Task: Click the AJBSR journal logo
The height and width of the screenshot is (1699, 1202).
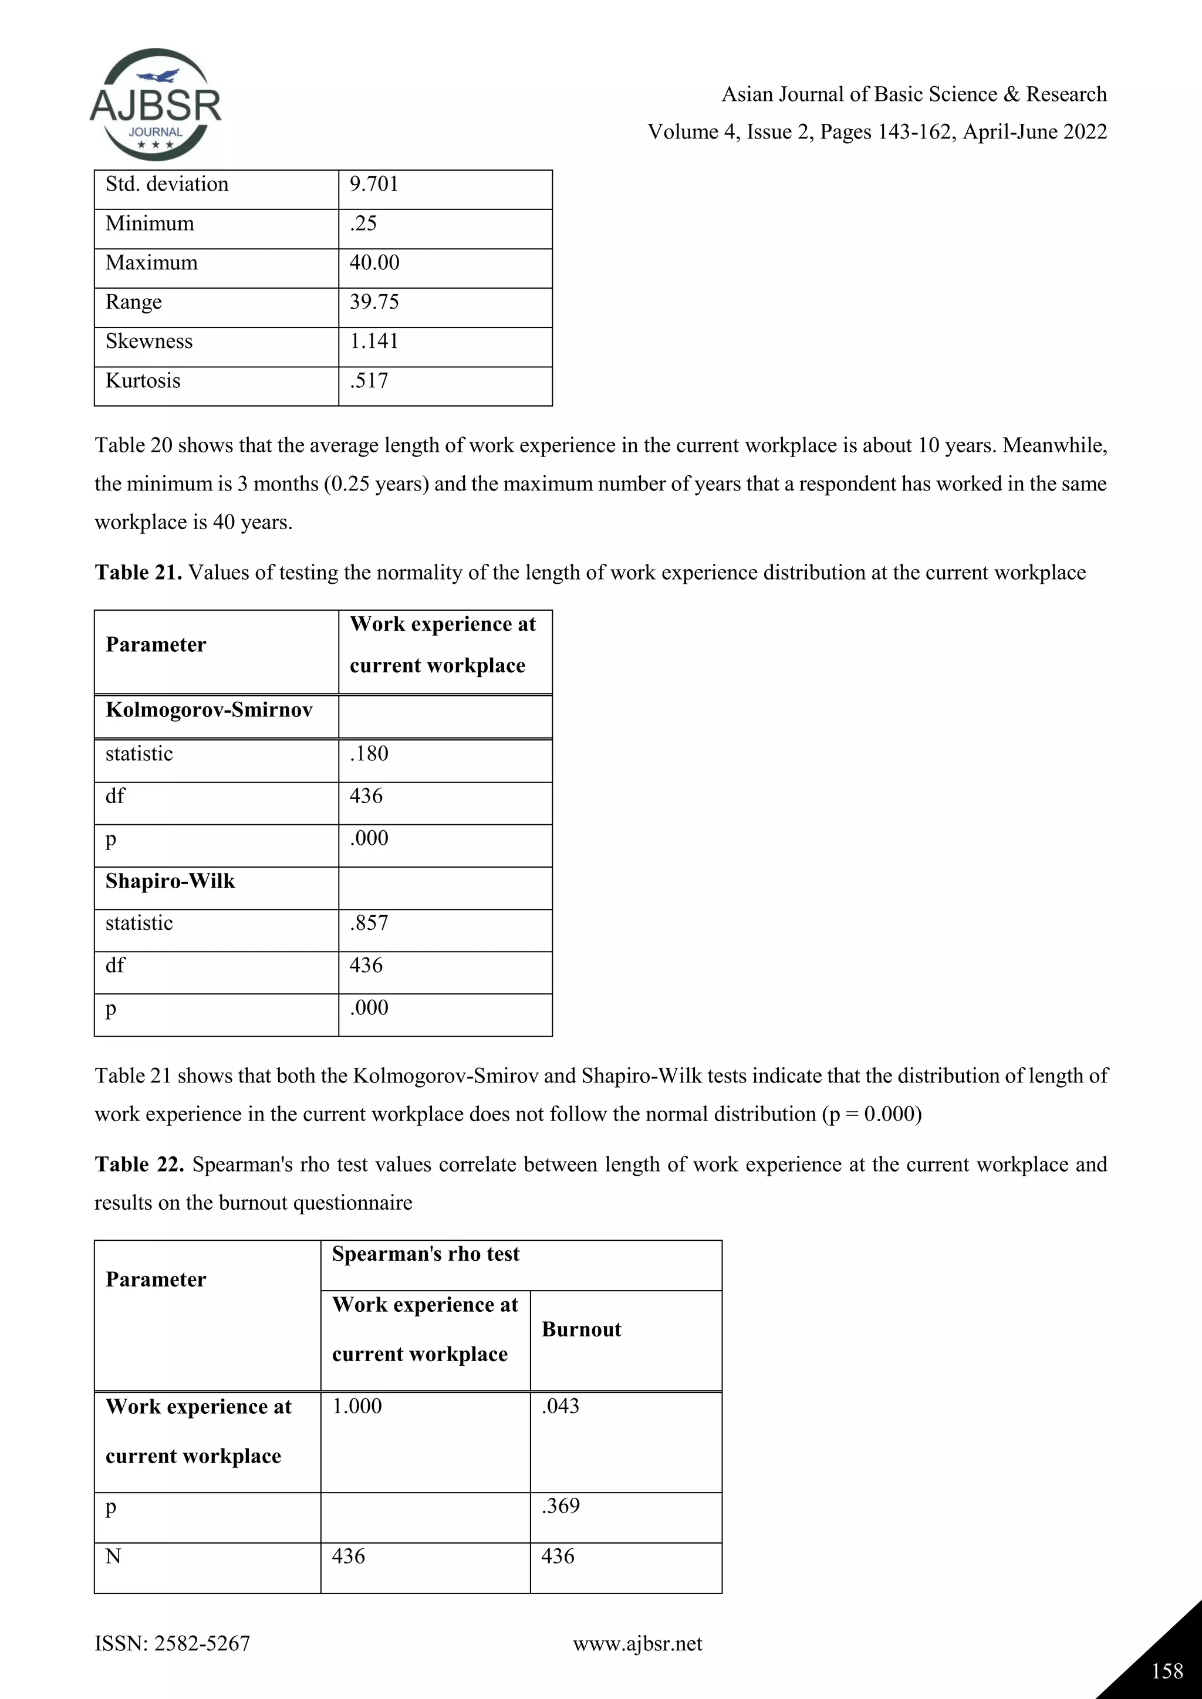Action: click(x=156, y=105)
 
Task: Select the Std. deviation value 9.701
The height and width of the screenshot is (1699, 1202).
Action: click(x=374, y=184)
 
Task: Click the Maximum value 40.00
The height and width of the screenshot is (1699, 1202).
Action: click(x=374, y=263)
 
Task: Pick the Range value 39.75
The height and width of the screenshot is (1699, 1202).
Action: click(x=374, y=302)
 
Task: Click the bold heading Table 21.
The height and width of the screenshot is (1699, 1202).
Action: click(x=139, y=572)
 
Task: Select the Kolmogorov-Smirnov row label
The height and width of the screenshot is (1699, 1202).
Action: click(x=209, y=710)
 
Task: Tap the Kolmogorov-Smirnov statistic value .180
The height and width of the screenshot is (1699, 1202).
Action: click(x=369, y=753)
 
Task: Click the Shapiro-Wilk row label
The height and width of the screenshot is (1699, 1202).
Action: click(x=170, y=881)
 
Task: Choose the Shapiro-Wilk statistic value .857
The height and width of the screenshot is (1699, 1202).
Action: click(x=369, y=923)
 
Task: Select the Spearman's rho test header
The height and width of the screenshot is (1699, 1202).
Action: click(x=426, y=1254)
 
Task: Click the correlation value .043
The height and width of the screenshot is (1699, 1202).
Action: click(x=561, y=1406)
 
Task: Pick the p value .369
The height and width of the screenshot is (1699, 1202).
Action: click(x=561, y=1506)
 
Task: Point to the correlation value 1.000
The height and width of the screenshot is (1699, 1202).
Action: click(x=357, y=1406)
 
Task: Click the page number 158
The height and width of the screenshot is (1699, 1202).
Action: click(x=1167, y=1671)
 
